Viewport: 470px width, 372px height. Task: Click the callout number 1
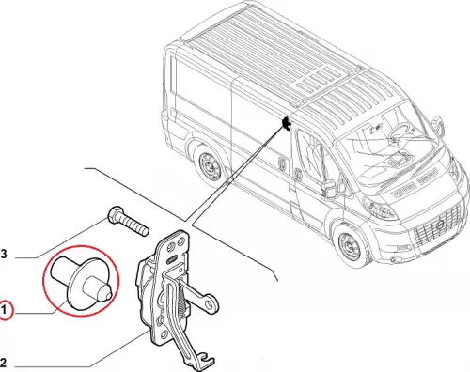(4, 310)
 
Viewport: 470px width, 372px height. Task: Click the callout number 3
(4, 254)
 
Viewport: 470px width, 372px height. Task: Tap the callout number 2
(3, 363)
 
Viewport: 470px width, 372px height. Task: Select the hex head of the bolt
(115, 214)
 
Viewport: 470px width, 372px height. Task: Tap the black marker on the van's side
(286, 123)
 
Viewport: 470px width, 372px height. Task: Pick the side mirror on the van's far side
(438, 125)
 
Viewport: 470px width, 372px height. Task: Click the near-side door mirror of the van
(332, 190)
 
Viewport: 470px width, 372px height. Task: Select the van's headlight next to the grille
(380, 209)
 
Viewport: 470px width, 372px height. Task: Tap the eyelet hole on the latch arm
(209, 303)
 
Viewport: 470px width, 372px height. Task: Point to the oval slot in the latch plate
(172, 258)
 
